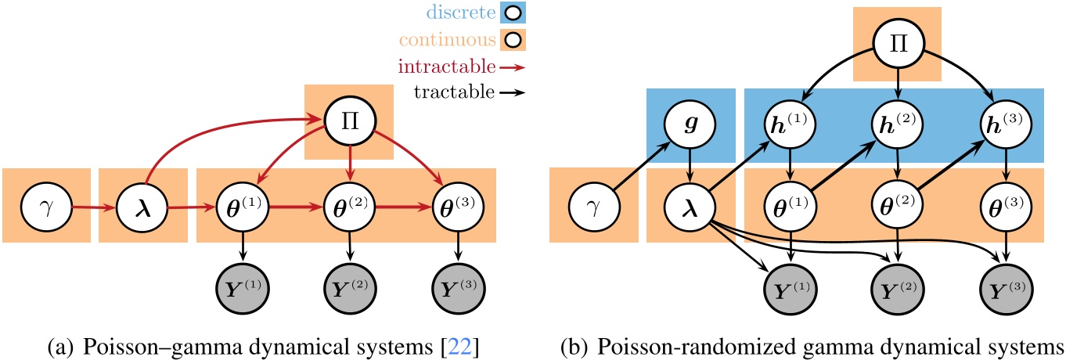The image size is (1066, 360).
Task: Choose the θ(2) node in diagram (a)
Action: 348,209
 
